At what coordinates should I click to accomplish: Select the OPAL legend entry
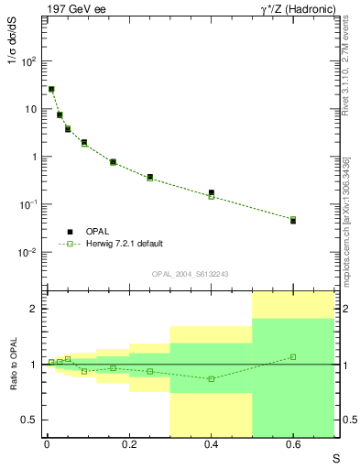(x=99, y=231)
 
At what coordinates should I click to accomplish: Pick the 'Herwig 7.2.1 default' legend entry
(x=124, y=244)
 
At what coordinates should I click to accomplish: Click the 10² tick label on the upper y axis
(x=28, y=61)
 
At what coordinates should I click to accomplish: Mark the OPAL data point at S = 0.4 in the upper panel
(x=212, y=193)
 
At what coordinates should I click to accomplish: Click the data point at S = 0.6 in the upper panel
(x=293, y=221)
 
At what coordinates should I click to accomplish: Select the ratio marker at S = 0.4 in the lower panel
(x=212, y=378)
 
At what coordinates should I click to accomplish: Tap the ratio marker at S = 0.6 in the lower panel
(x=293, y=356)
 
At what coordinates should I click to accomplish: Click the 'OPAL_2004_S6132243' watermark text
(x=190, y=274)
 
